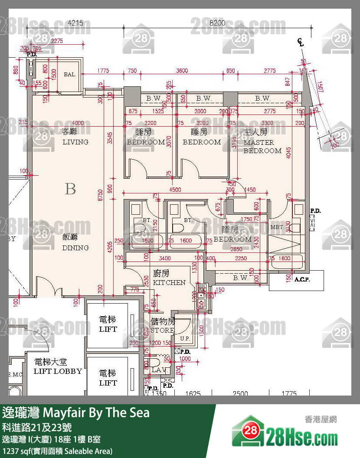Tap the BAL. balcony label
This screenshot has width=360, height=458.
(x=70, y=75)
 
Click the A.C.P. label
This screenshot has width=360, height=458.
(x=302, y=280)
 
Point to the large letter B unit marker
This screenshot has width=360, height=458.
(x=70, y=189)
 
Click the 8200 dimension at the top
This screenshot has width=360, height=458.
(x=217, y=23)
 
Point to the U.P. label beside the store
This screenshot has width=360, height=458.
(x=184, y=338)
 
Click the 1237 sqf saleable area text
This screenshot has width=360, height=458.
(x=57, y=451)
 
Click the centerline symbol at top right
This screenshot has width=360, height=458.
(x=300, y=42)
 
